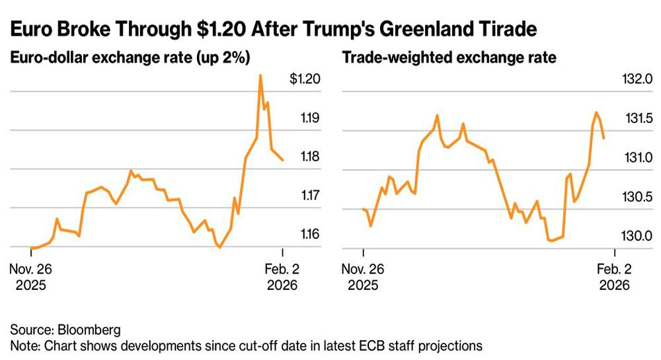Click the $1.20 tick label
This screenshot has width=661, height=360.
305,79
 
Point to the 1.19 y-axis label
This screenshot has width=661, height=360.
307,118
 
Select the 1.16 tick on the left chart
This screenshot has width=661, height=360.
307,234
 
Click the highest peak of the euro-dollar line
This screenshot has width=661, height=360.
260,75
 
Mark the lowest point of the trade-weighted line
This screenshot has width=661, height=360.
551,241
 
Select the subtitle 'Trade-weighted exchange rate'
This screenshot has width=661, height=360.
449,57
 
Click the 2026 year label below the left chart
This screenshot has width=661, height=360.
282,285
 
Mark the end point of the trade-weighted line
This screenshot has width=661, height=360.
604,137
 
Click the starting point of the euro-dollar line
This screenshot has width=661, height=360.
30,248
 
